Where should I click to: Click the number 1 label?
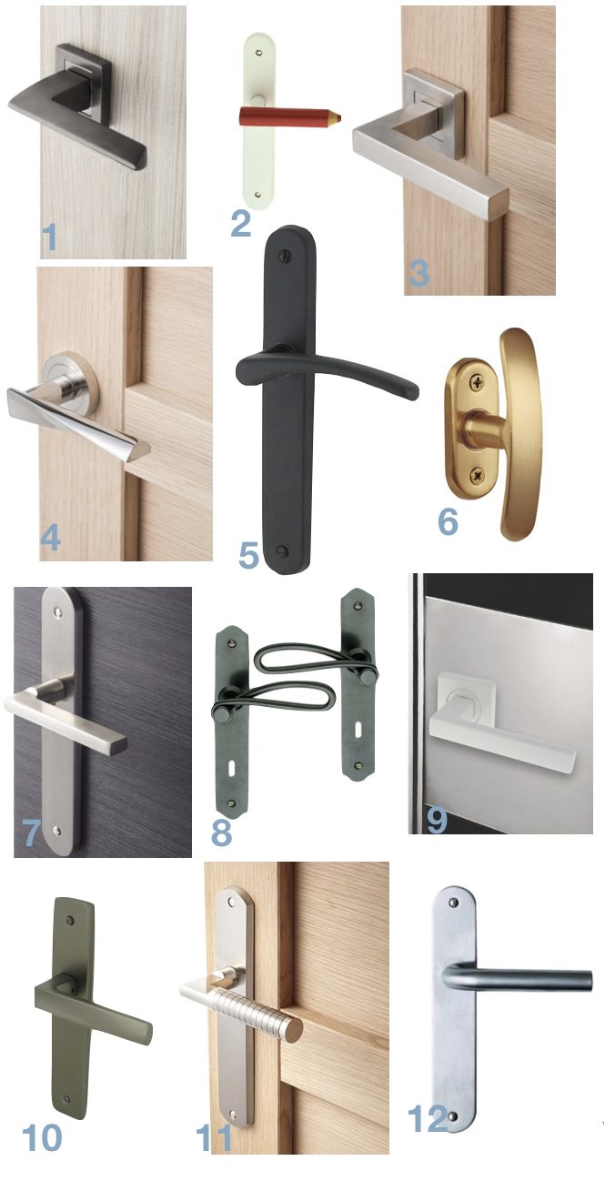pyautogui.click(x=49, y=237)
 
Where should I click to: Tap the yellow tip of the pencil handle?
pyautogui.click(x=337, y=116)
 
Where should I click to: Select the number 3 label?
pyautogui.click(x=418, y=271)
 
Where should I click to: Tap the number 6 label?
pyautogui.click(x=448, y=521)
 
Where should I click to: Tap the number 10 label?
pyautogui.click(x=42, y=1136)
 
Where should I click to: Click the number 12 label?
pyautogui.click(x=428, y=1119)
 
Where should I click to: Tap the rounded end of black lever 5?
pyautogui.click(x=412, y=392)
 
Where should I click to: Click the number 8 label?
pyautogui.click(x=221, y=830)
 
